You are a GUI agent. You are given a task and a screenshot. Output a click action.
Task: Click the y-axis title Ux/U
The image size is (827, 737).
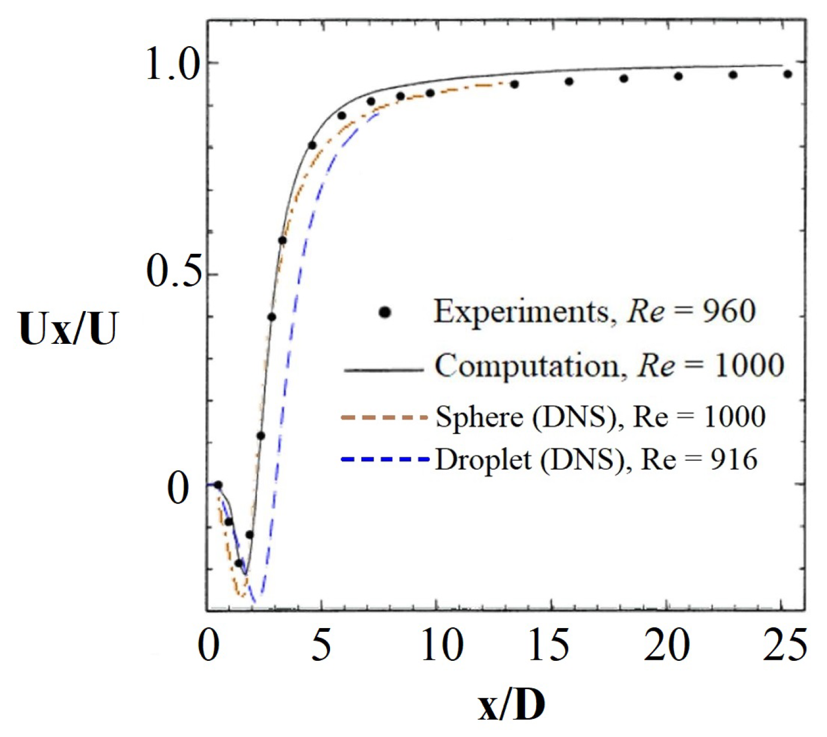click(x=68, y=329)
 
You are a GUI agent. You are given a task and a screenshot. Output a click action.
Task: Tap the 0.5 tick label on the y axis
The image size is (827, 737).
click(x=173, y=272)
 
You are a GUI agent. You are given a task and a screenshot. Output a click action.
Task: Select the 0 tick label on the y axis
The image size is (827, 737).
click(x=179, y=488)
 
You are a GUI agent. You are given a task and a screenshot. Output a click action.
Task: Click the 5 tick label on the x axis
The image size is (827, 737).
click(x=320, y=645)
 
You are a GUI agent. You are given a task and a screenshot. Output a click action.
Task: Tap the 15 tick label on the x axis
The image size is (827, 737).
click(x=548, y=645)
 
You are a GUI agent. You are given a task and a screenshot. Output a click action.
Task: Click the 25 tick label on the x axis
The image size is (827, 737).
click(x=785, y=645)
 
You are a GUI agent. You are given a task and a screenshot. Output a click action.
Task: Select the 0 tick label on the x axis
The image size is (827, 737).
click(x=209, y=645)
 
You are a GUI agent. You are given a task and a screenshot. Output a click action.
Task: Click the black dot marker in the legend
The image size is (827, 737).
click(x=385, y=312)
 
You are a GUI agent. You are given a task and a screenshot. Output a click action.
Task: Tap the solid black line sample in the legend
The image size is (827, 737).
click(x=383, y=370)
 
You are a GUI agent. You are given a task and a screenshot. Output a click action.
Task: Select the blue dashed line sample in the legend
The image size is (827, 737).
click(x=384, y=459)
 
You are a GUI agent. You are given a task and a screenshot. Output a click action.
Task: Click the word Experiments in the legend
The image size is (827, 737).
click(x=522, y=312)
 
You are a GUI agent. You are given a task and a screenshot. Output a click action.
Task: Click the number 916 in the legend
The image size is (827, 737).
click(x=734, y=460)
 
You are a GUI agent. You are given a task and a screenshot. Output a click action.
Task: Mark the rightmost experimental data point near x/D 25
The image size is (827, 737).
click(x=787, y=74)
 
